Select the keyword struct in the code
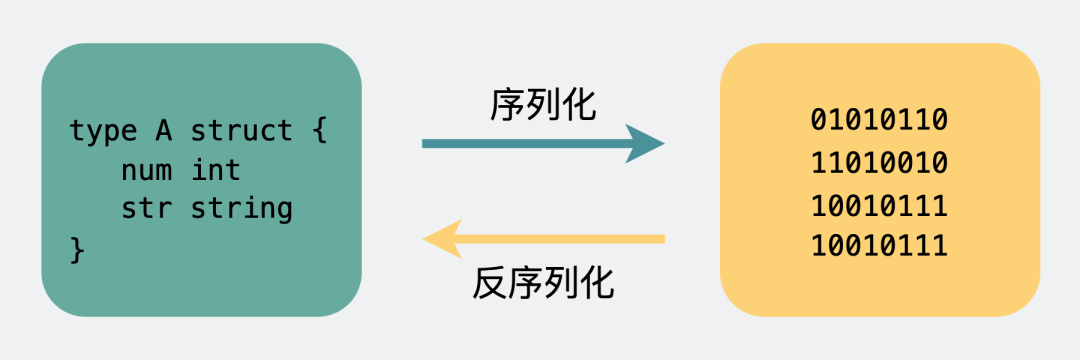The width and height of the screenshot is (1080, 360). pyautogui.click(x=241, y=131)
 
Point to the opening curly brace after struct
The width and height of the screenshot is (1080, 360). pyautogui.click(x=319, y=131)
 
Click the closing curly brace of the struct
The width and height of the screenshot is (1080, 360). pyautogui.click(x=78, y=249)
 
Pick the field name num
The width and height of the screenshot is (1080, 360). pyautogui.click(x=145, y=170)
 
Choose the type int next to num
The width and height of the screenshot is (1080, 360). pyautogui.click(x=216, y=170)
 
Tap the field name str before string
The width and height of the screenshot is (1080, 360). pyautogui.click(x=145, y=209)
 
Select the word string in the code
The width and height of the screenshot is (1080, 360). pyautogui.click(x=241, y=209)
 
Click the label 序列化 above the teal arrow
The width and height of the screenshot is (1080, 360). pyautogui.click(x=543, y=103)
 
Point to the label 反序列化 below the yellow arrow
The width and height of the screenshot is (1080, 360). pyautogui.click(x=543, y=284)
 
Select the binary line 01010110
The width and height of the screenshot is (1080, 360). pyautogui.click(x=879, y=121)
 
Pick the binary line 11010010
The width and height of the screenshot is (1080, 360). pyautogui.click(x=879, y=162)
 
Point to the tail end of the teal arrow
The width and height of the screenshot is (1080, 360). pyautogui.click(x=427, y=144)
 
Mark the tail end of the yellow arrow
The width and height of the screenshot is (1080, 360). pyautogui.click(x=660, y=239)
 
